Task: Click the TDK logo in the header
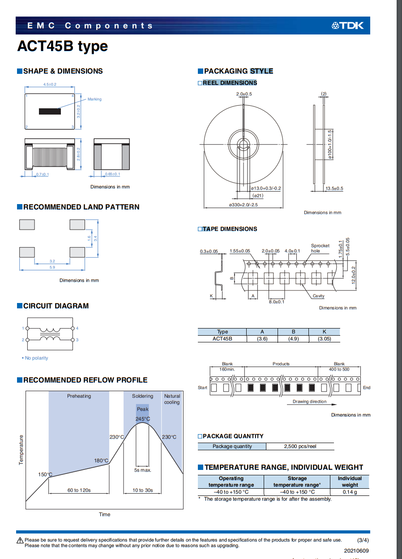click(x=347, y=26)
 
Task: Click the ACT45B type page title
click(x=62, y=47)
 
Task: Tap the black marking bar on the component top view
click(x=50, y=111)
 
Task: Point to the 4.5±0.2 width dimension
click(x=50, y=85)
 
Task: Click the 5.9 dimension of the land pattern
click(x=52, y=267)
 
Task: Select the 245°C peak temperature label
click(x=143, y=419)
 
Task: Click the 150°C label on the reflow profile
click(x=45, y=474)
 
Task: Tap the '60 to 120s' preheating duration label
click(x=79, y=490)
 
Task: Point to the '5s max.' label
click(x=143, y=470)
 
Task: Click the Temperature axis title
click(x=21, y=450)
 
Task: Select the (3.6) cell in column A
click(x=262, y=339)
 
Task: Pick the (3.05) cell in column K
click(x=324, y=339)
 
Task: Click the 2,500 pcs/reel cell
click(x=300, y=446)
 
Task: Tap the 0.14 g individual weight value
click(x=350, y=492)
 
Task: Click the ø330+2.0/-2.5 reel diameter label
click(x=244, y=205)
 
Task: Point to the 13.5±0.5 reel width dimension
click(x=334, y=188)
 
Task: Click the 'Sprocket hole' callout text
click(x=320, y=248)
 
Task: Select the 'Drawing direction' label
click(x=310, y=401)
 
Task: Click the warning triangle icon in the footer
click(x=20, y=541)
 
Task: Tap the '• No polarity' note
click(x=35, y=358)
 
